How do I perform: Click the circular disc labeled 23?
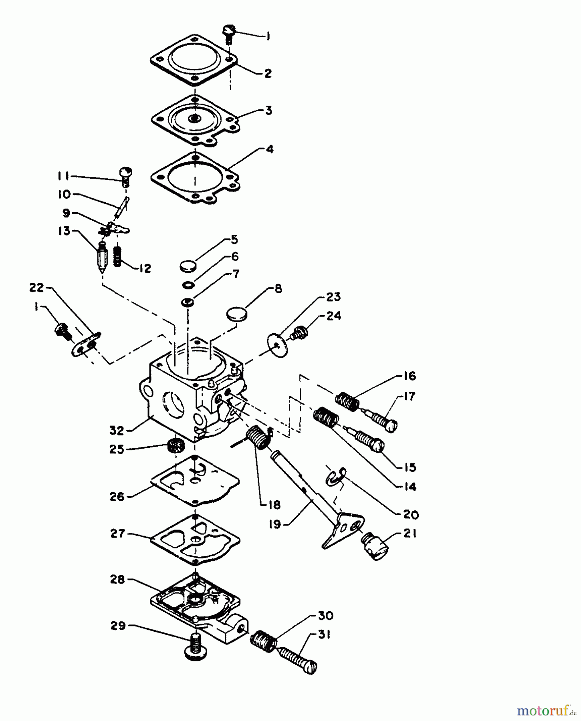tap(277, 345)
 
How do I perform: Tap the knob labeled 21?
tap(375, 546)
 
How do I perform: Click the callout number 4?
tap(270, 149)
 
